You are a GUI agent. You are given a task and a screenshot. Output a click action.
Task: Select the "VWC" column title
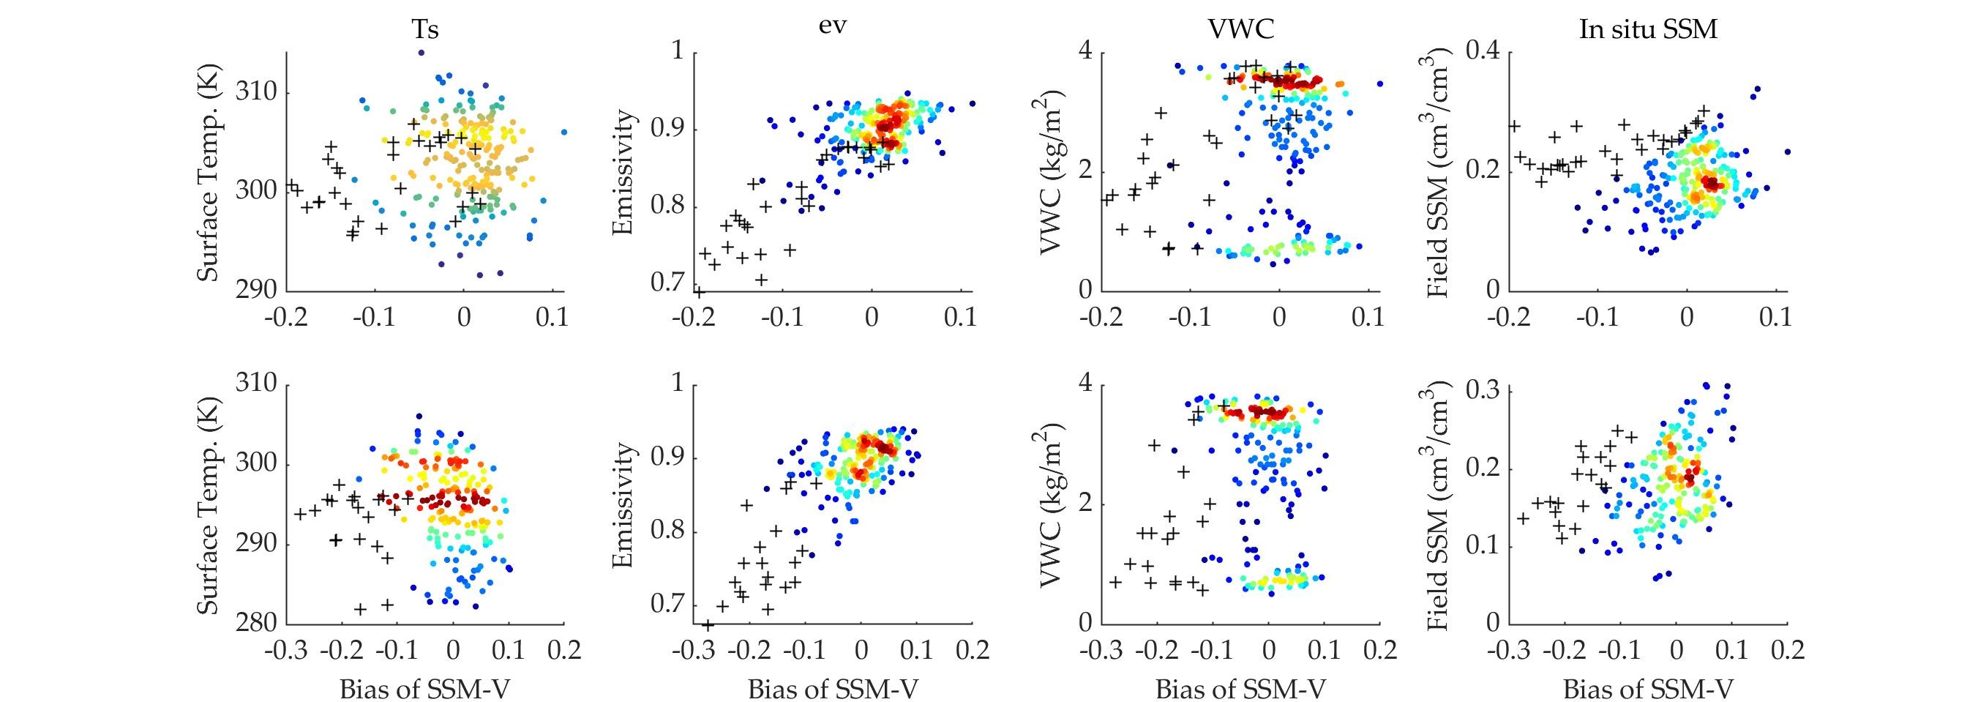pos(1241,29)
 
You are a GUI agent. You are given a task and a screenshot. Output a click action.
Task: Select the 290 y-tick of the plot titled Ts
pos(263,291)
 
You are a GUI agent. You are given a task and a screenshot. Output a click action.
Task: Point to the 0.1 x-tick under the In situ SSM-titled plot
pos(1775,318)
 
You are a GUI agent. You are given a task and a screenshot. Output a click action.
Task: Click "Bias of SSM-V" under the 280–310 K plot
pos(424,689)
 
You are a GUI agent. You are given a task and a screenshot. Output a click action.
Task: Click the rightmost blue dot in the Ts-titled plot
pos(564,132)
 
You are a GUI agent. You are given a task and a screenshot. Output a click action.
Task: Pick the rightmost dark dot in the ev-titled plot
pos(972,104)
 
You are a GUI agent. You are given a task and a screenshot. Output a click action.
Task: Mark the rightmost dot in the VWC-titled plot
pos(1380,83)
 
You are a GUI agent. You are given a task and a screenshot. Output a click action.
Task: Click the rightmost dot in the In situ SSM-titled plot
pos(1787,152)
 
